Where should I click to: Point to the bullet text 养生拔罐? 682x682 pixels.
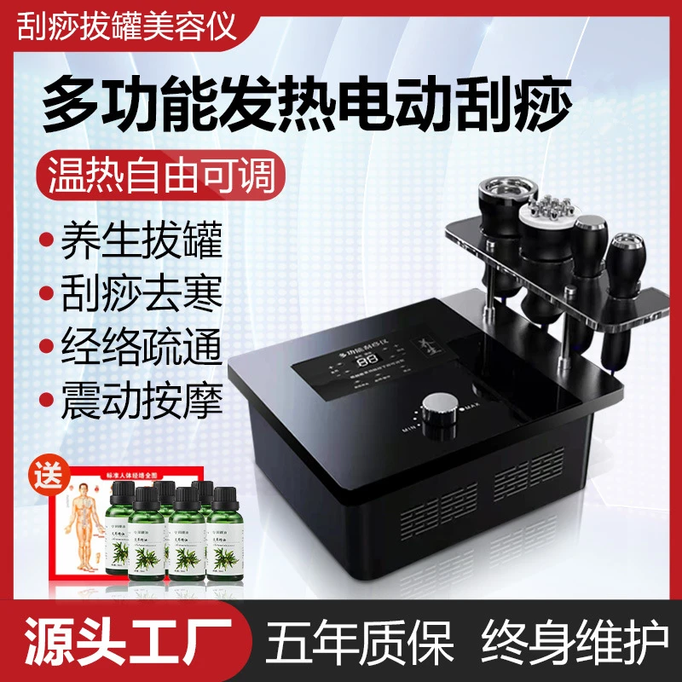142,241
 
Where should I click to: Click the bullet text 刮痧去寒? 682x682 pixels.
142,295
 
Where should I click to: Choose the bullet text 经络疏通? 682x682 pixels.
142,348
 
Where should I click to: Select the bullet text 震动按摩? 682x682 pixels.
142,401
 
